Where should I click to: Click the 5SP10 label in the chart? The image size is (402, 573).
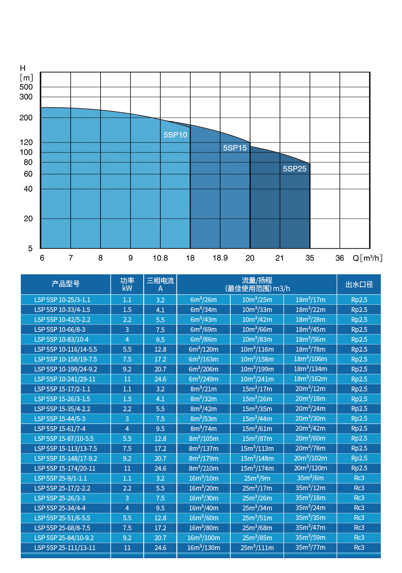(x=175, y=135)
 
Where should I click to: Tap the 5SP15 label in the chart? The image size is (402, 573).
(x=235, y=148)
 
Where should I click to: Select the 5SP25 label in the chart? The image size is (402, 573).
(x=295, y=169)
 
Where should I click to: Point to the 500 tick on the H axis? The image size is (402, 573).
(x=26, y=87)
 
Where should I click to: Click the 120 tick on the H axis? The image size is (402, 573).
(x=26, y=142)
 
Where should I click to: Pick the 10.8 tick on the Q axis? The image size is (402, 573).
(x=160, y=258)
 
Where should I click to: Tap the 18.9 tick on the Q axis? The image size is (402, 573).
(x=220, y=258)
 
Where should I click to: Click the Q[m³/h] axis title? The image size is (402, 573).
(x=367, y=258)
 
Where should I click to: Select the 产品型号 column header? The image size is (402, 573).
(x=66, y=284)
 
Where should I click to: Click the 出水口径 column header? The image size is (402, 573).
(x=359, y=284)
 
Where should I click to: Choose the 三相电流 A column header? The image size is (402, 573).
(x=160, y=284)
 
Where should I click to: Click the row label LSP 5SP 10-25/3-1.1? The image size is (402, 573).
(x=62, y=300)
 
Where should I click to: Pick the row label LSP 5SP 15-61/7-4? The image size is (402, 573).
(x=60, y=429)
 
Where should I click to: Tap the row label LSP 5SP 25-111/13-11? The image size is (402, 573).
(x=65, y=548)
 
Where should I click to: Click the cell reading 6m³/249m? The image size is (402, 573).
(x=203, y=379)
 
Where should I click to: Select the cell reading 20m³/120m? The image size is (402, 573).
(x=310, y=468)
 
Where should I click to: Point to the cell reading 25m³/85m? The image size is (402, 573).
(x=257, y=538)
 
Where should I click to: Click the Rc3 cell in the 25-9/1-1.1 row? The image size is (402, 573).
(x=359, y=478)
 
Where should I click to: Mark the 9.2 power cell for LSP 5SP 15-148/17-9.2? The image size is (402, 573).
(x=127, y=458)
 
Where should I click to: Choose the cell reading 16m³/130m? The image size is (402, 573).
(x=203, y=548)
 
